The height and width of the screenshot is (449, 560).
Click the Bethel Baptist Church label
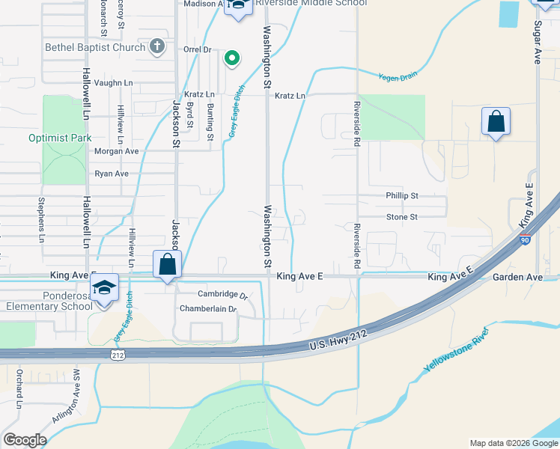point(94,47)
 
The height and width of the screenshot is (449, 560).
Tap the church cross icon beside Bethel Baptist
point(156,46)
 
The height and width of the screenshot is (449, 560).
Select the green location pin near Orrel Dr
point(232,58)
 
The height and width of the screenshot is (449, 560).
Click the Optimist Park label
point(60,138)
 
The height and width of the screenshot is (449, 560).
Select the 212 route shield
point(118,355)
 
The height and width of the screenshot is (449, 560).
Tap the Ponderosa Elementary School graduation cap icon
point(105,289)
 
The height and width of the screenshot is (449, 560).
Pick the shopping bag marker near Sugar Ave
point(496,121)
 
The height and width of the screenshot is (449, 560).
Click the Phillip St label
point(401,195)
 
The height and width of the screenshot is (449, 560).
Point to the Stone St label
point(401,217)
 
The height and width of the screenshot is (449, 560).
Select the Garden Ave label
point(517,277)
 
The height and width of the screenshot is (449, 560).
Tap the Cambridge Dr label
point(222,294)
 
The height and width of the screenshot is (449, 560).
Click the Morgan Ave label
point(116,151)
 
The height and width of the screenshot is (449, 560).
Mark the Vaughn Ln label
point(114,83)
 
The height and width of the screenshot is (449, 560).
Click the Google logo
point(25,440)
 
